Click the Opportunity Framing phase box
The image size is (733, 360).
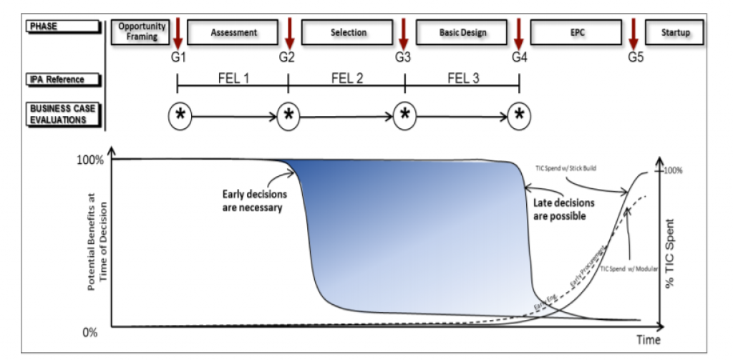point(142,31)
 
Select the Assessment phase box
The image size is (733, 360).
point(233,32)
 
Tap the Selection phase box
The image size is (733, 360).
point(349,32)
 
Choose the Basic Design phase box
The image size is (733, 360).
point(462,32)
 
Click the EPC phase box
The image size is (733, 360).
point(577,32)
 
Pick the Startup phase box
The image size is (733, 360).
point(675,32)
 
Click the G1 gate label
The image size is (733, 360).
point(178,57)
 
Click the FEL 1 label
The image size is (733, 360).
point(233,78)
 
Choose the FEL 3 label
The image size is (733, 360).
point(462,78)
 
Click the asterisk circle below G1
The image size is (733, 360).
point(180,115)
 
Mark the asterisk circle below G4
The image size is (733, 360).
point(519,115)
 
